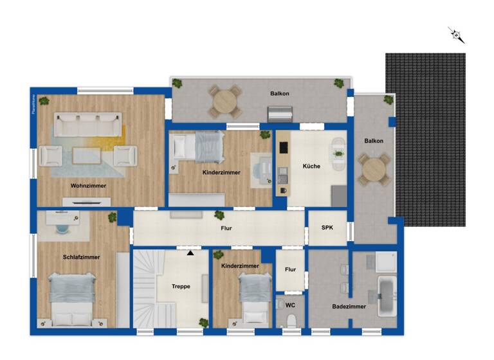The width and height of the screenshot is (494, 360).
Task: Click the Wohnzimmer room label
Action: click(x=89, y=186)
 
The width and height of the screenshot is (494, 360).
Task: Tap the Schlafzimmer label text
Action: click(x=81, y=257)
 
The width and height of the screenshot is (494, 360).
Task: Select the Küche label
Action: click(x=311, y=166)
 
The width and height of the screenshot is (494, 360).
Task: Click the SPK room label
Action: click(x=327, y=228)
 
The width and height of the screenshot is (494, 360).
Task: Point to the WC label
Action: click(x=289, y=306)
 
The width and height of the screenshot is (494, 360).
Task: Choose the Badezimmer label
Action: click(x=349, y=307)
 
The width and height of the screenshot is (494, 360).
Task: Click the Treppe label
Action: click(x=181, y=286)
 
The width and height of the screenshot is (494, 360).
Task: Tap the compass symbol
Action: click(x=456, y=35)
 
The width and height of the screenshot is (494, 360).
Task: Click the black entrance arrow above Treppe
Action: click(x=190, y=253)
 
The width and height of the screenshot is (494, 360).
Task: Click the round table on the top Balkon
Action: click(x=224, y=100)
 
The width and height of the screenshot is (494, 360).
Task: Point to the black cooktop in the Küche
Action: click(x=282, y=147)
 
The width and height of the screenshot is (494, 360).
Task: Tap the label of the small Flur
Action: click(x=290, y=270)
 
